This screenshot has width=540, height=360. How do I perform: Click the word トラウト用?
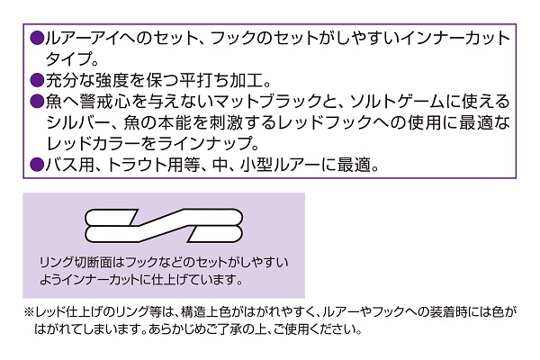click(x=145, y=165)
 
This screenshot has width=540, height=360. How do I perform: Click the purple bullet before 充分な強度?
click(x=37, y=81)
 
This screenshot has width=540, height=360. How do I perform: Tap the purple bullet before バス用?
click(x=37, y=165)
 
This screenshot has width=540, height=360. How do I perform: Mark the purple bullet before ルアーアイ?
click(x=37, y=38)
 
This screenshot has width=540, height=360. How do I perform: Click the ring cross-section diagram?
click(x=164, y=225)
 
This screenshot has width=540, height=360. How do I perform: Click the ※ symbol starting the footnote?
click(x=28, y=312)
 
